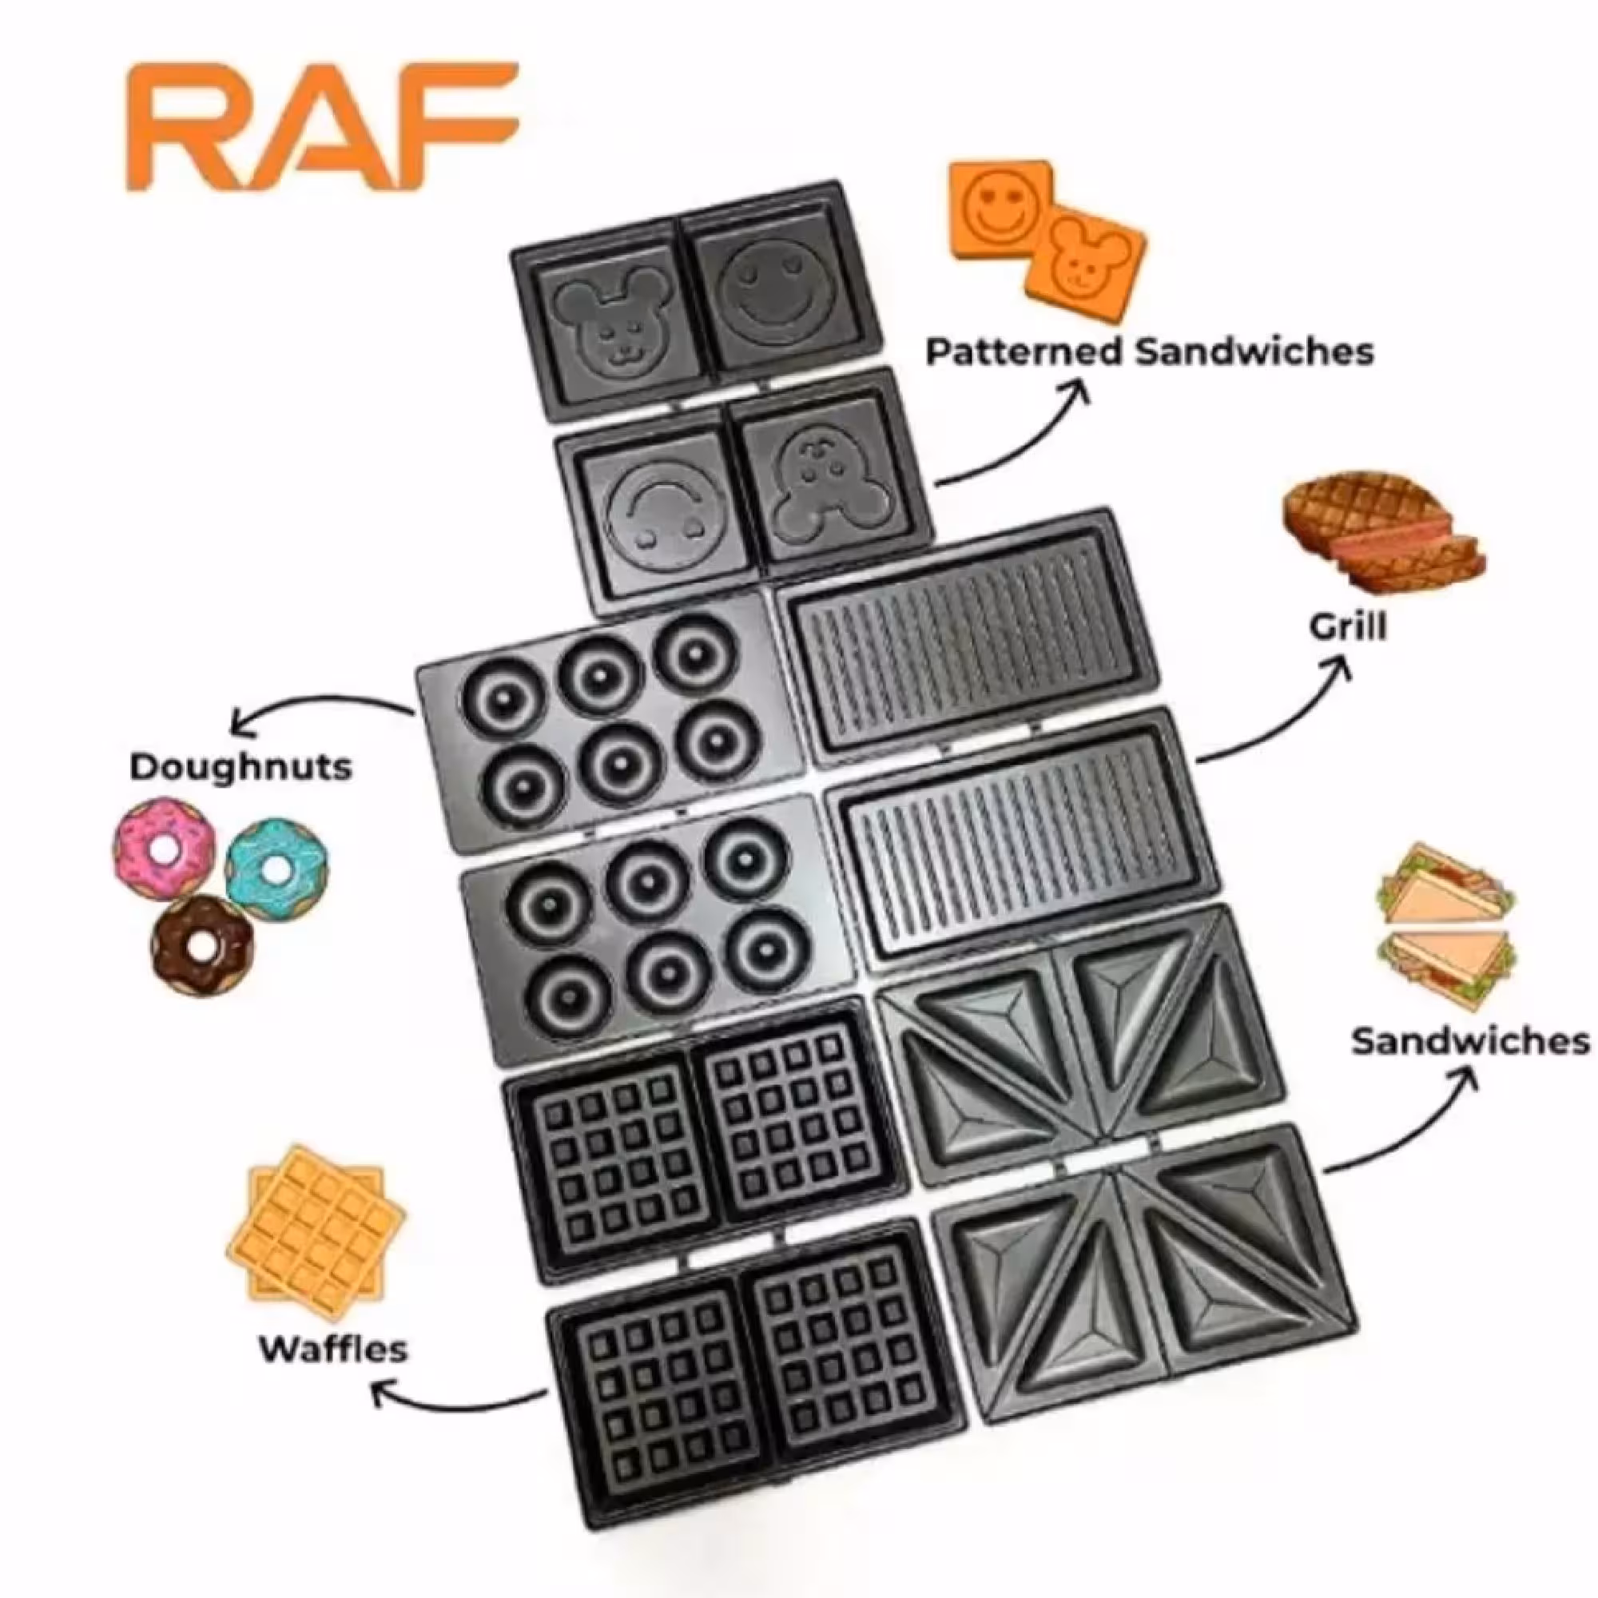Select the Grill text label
1347,626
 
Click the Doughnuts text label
240,767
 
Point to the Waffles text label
333,1349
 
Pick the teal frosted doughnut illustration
276,866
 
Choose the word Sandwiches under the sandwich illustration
1470,1041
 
